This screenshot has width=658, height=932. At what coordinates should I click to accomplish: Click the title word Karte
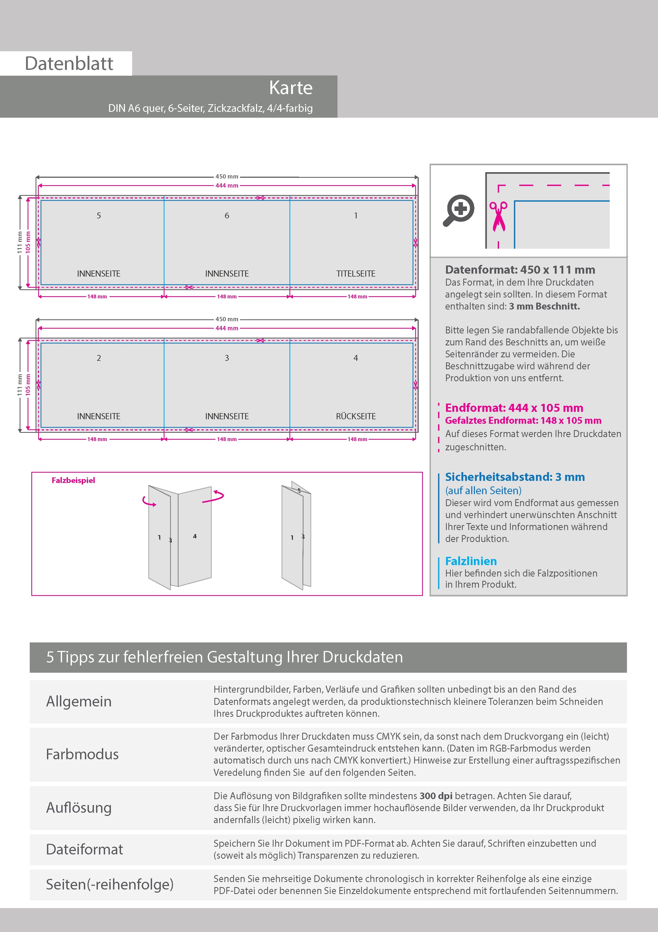(x=291, y=88)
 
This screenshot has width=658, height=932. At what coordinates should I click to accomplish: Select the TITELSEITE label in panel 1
(x=356, y=274)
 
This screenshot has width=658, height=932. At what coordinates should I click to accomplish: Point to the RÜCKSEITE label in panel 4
(x=356, y=416)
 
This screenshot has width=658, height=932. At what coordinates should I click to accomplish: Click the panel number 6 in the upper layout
(x=227, y=215)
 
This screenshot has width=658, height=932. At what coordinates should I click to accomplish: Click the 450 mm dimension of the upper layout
(x=227, y=177)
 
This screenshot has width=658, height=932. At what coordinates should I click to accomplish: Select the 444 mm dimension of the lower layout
(x=227, y=328)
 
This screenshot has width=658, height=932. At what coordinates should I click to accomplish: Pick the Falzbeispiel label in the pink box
(x=73, y=480)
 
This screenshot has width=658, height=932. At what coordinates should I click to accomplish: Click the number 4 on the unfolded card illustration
(x=194, y=536)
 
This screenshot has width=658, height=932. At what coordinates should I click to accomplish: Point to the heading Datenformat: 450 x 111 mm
(x=520, y=270)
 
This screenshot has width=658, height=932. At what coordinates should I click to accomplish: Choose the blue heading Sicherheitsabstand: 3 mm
(x=514, y=477)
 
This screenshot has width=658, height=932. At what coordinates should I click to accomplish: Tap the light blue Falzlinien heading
(x=471, y=561)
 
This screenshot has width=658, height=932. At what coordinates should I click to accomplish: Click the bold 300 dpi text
(x=436, y=796)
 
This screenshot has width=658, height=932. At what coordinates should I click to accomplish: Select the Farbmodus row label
(x=82, y=754)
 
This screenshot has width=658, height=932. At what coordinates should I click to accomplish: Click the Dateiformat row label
(x=84, y=849)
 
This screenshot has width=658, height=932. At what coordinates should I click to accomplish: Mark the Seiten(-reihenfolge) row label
(x=110, y=884)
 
